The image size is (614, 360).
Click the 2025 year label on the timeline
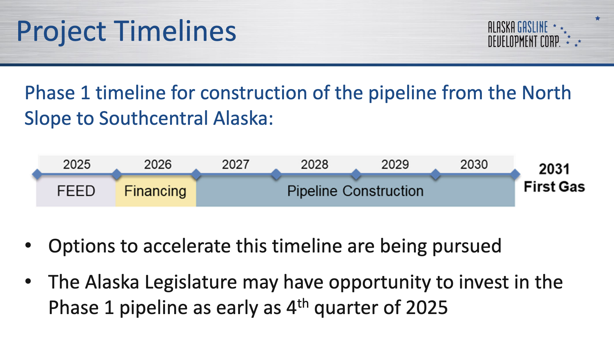(77, 164)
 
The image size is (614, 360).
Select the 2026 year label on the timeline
(158, 164)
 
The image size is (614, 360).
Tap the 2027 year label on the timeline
(236, 164)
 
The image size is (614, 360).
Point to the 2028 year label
(314, 164)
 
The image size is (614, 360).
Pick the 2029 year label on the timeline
(395, 164)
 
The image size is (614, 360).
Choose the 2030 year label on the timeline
(474, 164)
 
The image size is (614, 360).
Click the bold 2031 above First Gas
(554, 169)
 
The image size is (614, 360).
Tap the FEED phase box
(76, 191)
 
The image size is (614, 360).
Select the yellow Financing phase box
(156, 191)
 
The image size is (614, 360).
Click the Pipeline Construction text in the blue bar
(355, 191)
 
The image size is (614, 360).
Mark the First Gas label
(554, 187)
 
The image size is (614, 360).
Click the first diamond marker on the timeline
(37, 174)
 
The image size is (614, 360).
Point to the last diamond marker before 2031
(515, 174)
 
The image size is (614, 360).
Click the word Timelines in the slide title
(175, 31)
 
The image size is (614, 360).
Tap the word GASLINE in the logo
(533, 27)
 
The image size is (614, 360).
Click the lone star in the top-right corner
(598, 18)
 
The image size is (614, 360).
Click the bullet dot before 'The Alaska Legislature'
(28, 281)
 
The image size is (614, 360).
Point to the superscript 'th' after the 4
(303, 303)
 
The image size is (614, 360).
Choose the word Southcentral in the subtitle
(154, 118)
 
